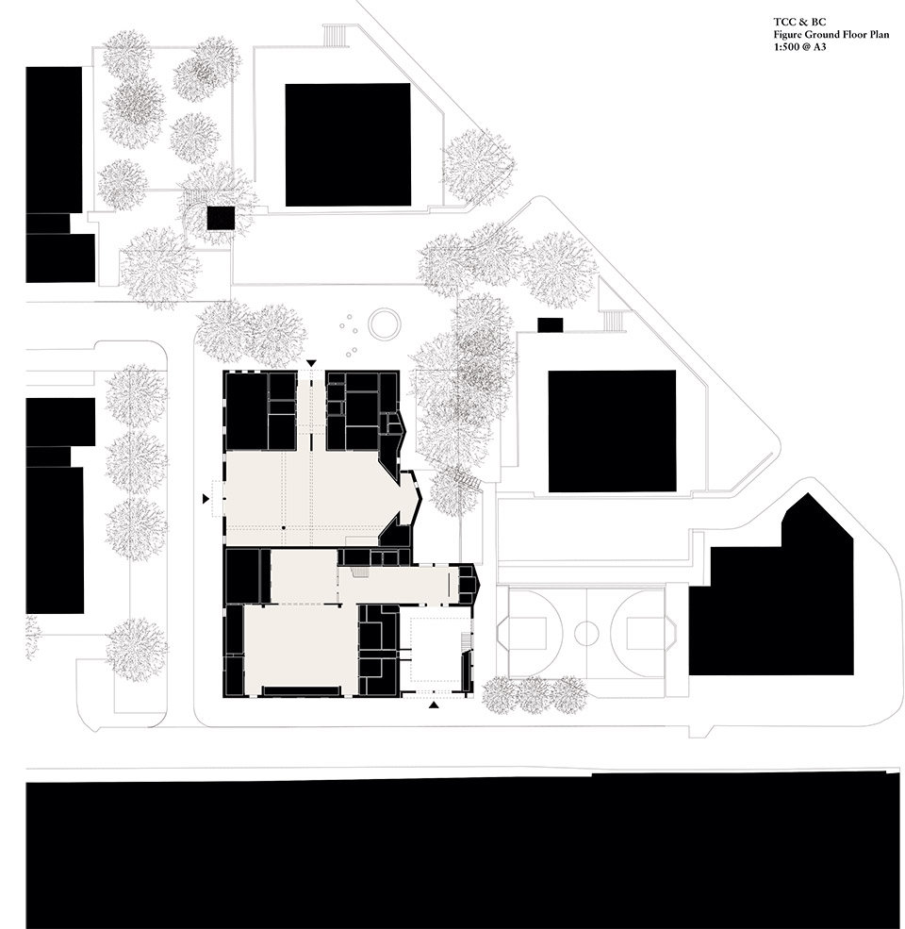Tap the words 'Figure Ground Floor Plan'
[x=820, y=33]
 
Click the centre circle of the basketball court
[x=586, y=631]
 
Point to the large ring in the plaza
[x=384, y=324]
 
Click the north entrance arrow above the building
[x=311, y=363]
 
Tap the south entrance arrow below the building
[x=434, y=704]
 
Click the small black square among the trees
[x=221, y=218]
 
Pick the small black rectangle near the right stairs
[x=550, y=325]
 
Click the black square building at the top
[x=348, y=144]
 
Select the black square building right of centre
[x=612, y=431]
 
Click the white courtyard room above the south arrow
[x=434, y=646]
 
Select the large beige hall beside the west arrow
[x=311, y=495]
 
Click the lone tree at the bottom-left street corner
[x=137, y=650]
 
